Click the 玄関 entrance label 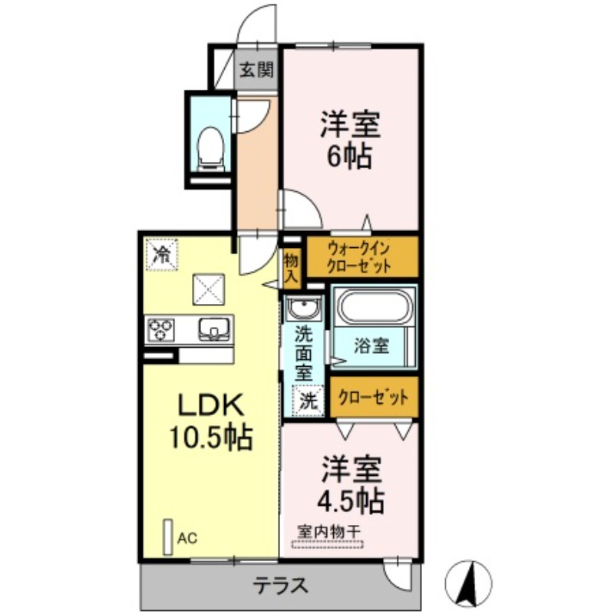pos(256,70)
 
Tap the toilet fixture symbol pos(210,146)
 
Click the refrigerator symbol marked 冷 pos(162,253)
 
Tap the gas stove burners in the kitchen pos(160,329)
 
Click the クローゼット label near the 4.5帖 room pos(373,398)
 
